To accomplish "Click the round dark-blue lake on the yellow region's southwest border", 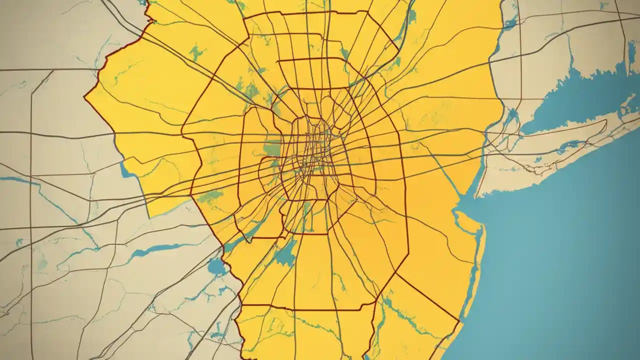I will click(218, 267).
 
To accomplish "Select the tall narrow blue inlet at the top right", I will click(632, 52).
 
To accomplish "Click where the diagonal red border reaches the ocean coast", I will click(458, 319).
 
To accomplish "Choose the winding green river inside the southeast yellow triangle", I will click(400, 310).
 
